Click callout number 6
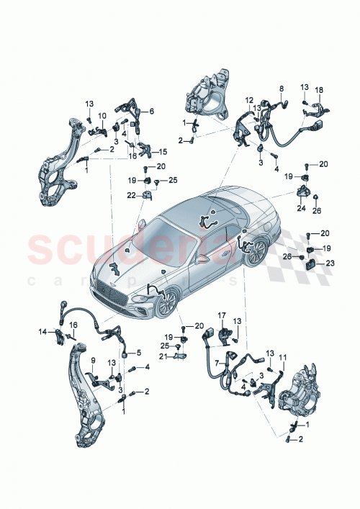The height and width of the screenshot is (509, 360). coord(152,111)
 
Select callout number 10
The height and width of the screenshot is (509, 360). coord(102,116)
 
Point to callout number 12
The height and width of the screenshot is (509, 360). coord(248,100)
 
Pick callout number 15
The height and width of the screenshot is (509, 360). coord(162,151)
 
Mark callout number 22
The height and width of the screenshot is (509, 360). coord(130,194)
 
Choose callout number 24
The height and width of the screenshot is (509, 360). coord(302,208)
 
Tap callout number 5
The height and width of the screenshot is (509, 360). coord(140,353)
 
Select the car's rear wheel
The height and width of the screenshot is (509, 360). coord(256,253)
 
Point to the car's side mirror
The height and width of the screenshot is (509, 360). coord(204,258)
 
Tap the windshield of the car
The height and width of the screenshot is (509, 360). coord(169,234)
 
